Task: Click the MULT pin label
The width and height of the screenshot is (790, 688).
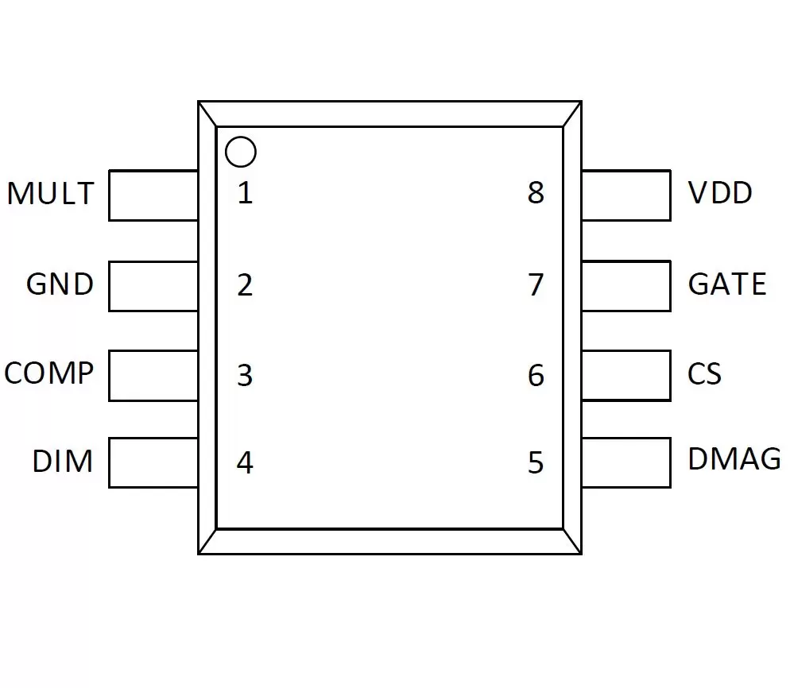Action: [50, 193]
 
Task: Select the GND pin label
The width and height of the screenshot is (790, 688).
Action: [60, 284]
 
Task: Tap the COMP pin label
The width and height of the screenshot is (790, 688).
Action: [48, 373]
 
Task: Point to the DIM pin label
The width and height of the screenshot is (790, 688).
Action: [63, 461]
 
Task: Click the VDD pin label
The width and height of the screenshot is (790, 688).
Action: [720, 192]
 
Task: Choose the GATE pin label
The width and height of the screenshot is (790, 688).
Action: [727, 284]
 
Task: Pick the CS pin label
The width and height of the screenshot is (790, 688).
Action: [704, 373]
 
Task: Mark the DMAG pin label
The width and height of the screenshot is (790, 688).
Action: [734, 459]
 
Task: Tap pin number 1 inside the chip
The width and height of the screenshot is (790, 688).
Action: [246, 193]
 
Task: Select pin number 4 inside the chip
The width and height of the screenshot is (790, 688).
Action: [245, 462]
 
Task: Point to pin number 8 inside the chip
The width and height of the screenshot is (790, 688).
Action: [536, 193]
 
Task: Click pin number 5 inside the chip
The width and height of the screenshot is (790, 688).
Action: [536, 462]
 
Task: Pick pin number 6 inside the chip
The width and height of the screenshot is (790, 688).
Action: [536, 376]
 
